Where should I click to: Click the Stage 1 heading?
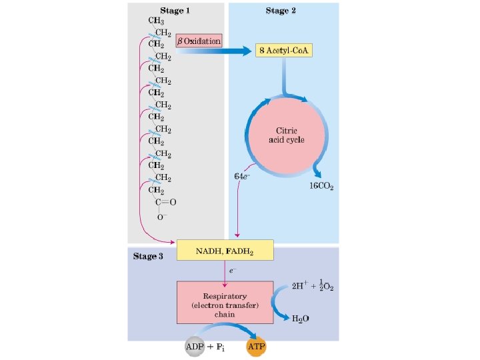click(x=175, y=11)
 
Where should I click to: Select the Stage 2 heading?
click(x=281, y=11)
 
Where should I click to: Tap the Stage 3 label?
click(x=148, y=256)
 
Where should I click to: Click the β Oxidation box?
click(x=199, y=41)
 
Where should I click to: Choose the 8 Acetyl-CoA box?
click(x=284, y=50)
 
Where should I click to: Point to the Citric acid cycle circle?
click(x=287, y=135)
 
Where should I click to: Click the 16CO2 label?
click(x=321, y=187)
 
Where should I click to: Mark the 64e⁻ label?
click(x=242, y=176)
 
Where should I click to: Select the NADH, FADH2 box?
click(x=225, y=250)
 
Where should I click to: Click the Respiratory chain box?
click(x=225, y=303)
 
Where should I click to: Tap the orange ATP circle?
click(x=256, y=347)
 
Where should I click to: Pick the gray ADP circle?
click(x=195, y=347)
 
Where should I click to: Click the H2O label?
click(x=300, y=319)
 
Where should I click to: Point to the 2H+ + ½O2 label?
click(x=313, y=285)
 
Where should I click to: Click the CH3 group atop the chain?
click(x=156, y=21)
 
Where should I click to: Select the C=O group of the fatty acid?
click(x=165, y=202)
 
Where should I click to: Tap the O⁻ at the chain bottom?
click(x=162, y=217)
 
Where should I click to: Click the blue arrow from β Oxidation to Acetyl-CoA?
click(x=214, y=51)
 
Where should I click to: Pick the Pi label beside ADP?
click(x=221, y=347)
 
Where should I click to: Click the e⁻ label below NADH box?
click(x=233, y=271)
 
